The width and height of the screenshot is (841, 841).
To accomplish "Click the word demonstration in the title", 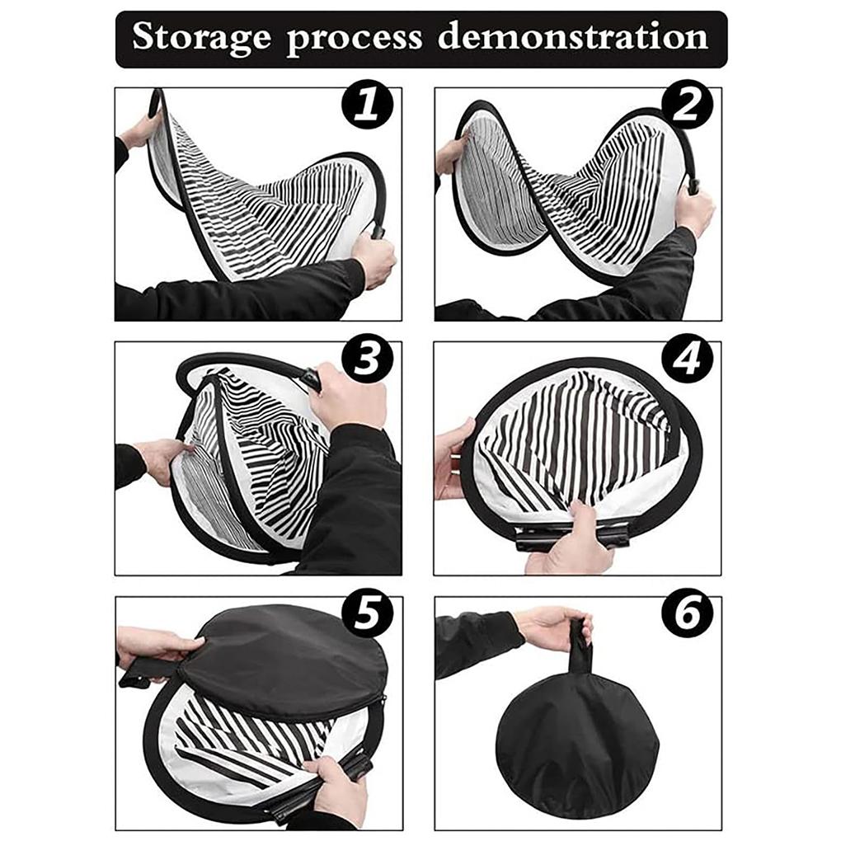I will pos(572,38).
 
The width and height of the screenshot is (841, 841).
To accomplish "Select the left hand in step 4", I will pos(452,458).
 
